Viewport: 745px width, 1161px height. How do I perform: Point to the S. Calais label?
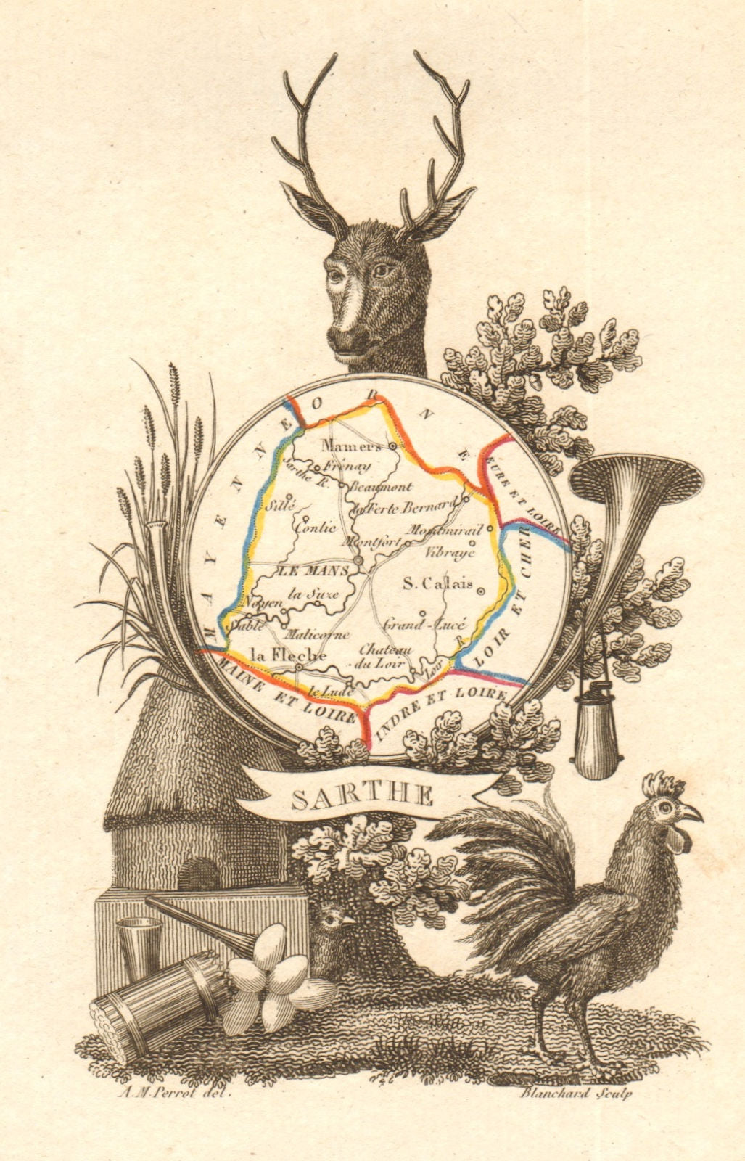437,583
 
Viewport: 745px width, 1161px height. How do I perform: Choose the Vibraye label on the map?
450,552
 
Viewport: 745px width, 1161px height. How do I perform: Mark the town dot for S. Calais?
480,592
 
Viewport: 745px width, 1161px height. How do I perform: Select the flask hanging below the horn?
598,733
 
